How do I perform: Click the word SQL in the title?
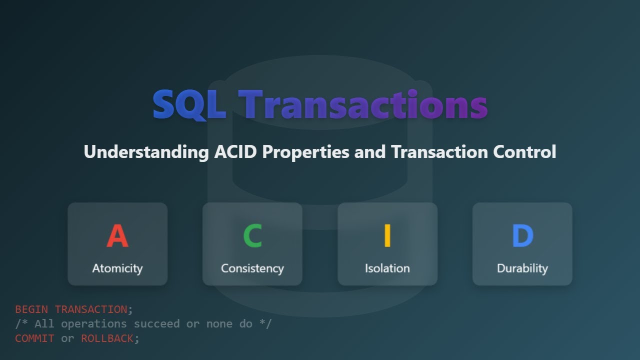[189, 105]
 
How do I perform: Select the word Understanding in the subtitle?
[146, 151]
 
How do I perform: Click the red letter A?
[117, 236]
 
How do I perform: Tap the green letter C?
[252, 236]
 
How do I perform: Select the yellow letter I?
[387, 236]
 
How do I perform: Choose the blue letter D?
[522, 236]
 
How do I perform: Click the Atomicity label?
[117, 268]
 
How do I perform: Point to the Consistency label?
[252, 268]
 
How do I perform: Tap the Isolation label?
[387, 268]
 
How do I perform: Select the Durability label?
[522, 268]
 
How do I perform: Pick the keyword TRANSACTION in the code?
[90, 309]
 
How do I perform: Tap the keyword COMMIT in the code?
[34, 338]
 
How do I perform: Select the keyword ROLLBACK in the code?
[107, 338]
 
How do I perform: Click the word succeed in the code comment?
[156, 324]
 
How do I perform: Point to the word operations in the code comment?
[94, 324]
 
